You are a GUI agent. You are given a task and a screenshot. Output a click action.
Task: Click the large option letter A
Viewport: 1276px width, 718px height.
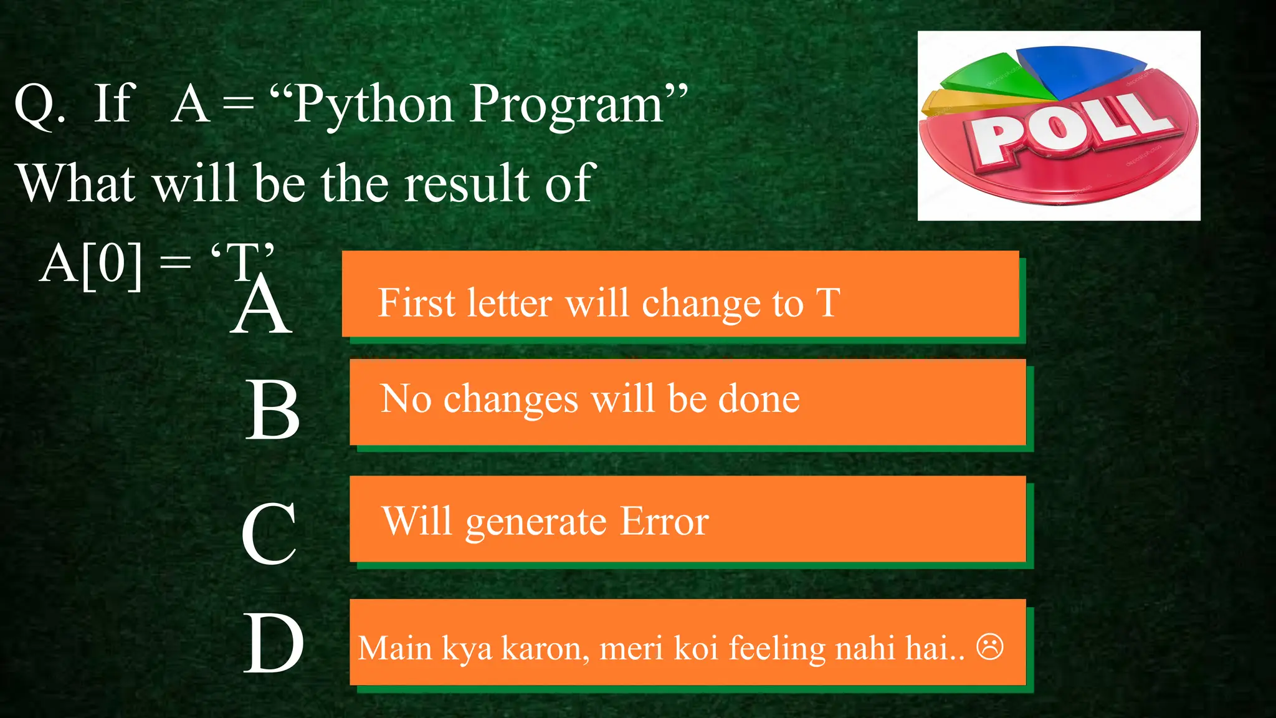click(261, 305)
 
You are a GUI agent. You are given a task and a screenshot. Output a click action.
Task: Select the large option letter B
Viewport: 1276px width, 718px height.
click(273, 409)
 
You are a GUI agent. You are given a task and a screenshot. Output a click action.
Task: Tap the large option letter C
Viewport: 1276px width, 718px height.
click(269, 534)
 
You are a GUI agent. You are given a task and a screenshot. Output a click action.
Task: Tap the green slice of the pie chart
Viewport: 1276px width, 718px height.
click(991, 78)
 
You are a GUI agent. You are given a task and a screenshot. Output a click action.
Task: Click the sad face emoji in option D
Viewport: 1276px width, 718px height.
click(990, 646)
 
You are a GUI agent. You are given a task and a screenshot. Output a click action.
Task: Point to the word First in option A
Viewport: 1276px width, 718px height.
click(417, 303)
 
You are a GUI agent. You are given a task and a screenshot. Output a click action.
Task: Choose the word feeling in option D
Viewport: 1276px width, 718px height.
click(777, 648)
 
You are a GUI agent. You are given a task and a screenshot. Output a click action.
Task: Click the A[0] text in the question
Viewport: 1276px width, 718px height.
click(91, 264)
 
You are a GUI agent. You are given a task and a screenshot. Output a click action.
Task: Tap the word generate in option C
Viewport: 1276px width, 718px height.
click(536, 522)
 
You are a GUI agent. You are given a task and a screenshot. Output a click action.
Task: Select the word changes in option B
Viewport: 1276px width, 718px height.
click(511, 400)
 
